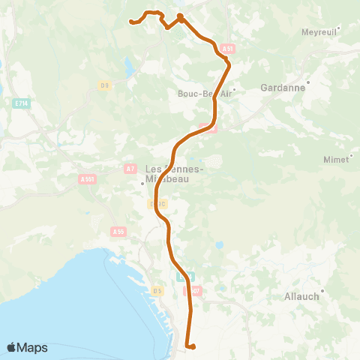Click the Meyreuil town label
point(320,32)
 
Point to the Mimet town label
point(336,160)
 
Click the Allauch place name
point(302,296)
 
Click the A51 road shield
point(228,49)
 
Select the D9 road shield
point(104,85)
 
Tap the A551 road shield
point(87,179)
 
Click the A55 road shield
point(117,232)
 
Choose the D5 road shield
point(157,290)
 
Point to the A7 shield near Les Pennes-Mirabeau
point(130,168)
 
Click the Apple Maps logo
point(27,347)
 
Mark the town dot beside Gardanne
point(308,80)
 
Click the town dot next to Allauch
point(323,289)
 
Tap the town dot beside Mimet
point(350,154)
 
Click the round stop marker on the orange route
point(180,16)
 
